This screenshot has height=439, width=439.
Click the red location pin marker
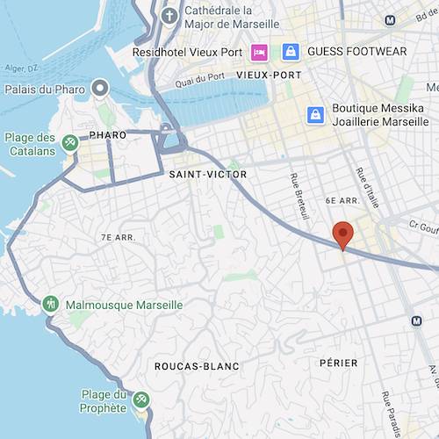(x=343, y=234)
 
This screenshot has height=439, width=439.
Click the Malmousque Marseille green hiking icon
(x=52, y=304)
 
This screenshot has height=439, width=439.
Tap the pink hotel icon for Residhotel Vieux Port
(x=259, y=52)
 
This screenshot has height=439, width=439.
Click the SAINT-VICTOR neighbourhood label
(x=208, y=176)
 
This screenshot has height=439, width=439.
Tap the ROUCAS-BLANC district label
(x=197, y=366)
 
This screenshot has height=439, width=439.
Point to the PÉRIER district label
(x=339, y=363)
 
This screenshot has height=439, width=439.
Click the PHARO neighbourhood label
(x=108, y=135)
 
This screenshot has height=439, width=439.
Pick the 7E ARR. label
(x=118, y=237)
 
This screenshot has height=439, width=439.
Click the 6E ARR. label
(x=344, y=201)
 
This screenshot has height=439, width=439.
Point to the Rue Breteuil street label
(x=299, y=195)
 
